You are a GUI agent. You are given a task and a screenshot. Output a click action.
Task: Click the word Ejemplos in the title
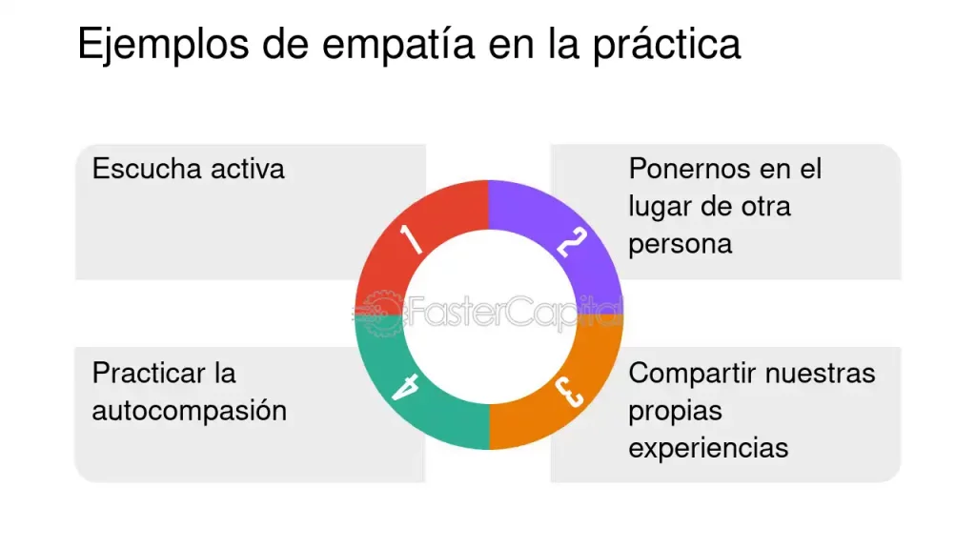[x=163, y=46]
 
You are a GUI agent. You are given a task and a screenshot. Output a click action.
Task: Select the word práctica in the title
[x=666, y=46]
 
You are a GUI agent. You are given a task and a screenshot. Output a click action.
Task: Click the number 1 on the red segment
[x=411, y=239]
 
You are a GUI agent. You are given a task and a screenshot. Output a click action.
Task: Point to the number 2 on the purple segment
[x=572, y=242]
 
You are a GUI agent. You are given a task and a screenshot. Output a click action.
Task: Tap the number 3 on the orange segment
[x=569, y=392]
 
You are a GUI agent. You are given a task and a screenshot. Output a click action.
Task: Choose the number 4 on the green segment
[x=405, y=387]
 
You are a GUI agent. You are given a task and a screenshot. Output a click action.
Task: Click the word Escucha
[x=147, y=169]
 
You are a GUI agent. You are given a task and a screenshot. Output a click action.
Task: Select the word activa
[x=248, y=169]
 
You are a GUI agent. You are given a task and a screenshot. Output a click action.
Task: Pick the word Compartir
[x=692, y=374]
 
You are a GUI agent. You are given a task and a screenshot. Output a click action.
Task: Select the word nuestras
[x=821, y=374]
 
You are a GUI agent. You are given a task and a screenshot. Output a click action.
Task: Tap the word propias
[x=676, y=412]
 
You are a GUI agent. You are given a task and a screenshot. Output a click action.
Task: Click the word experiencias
[x=708, y=449]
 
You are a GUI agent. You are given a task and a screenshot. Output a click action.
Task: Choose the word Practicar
[x=149, y=374]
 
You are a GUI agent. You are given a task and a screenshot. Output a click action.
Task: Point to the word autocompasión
[x=190, y=412]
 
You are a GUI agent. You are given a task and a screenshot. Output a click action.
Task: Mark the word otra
[x=765, y=207]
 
